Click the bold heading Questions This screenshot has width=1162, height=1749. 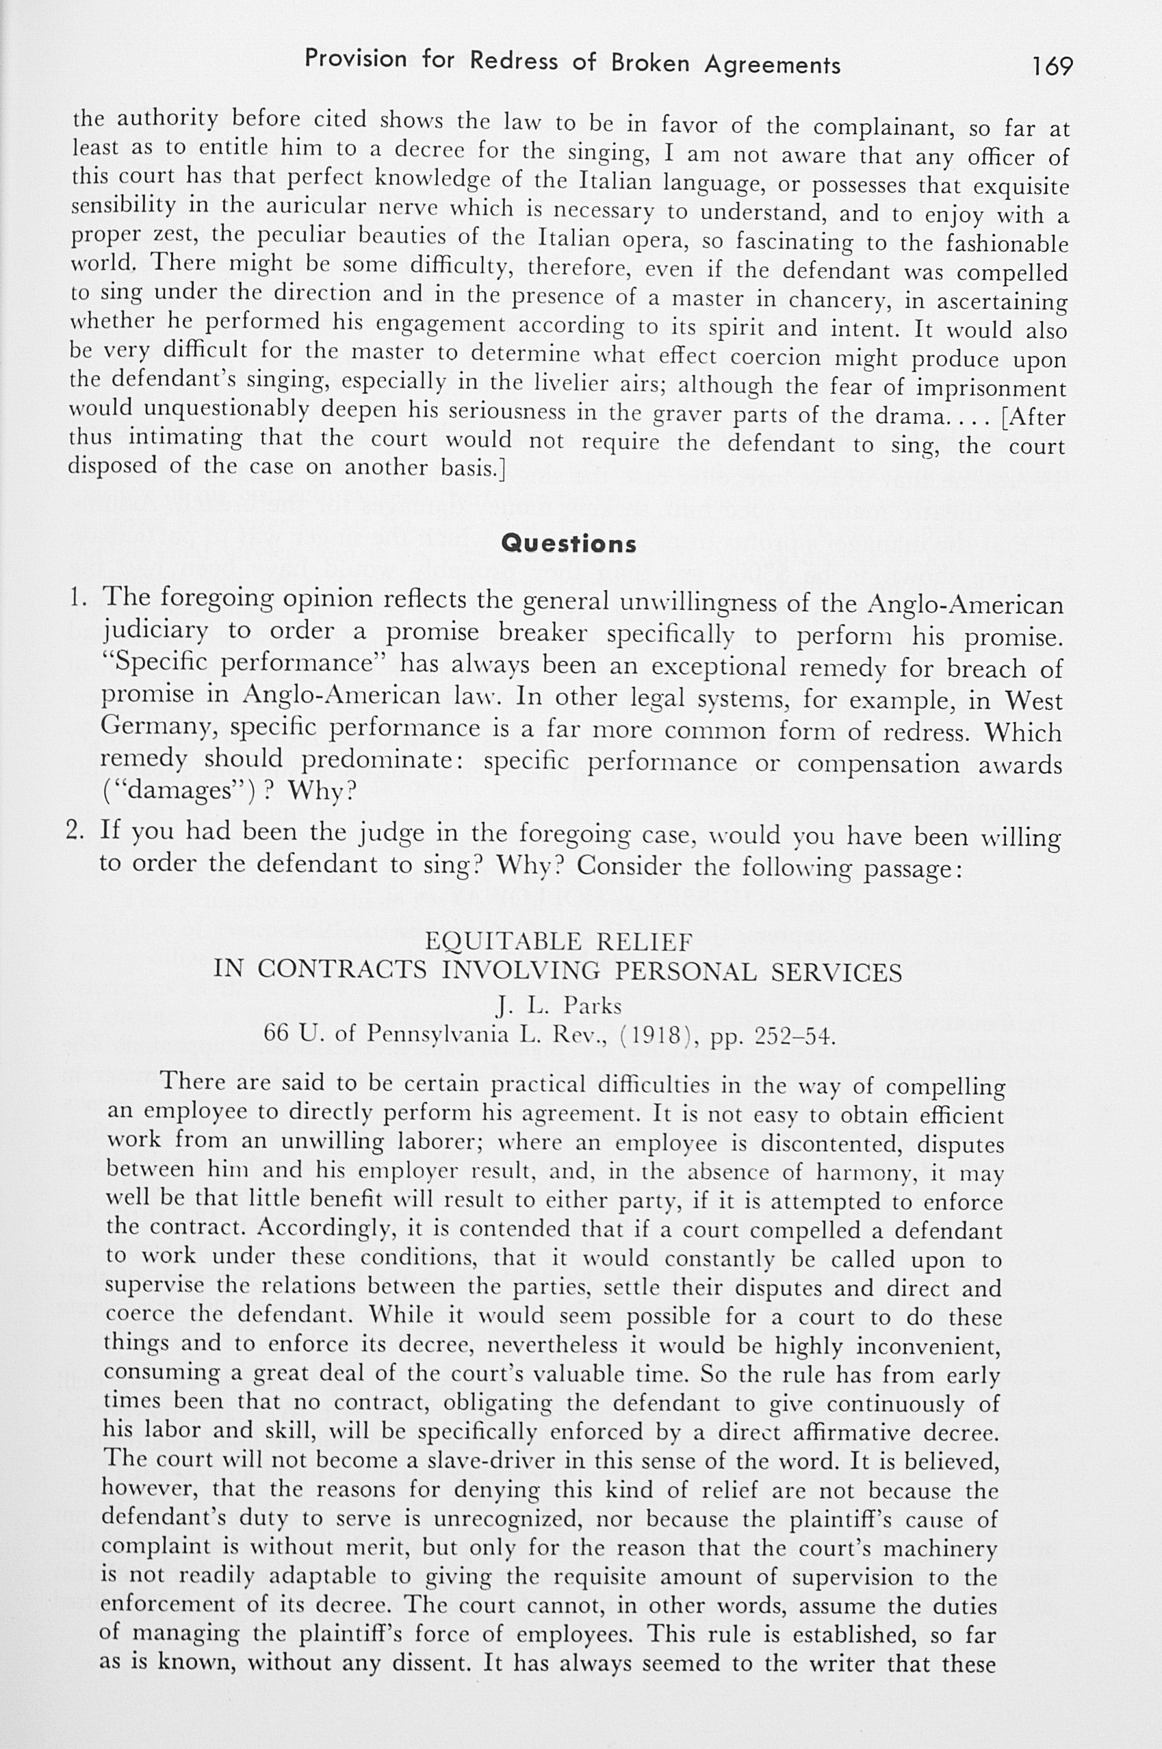[x=569, y=544]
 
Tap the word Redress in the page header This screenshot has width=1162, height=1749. [x=513, y=61]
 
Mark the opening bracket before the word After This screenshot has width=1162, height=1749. [x=1003, y=418]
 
